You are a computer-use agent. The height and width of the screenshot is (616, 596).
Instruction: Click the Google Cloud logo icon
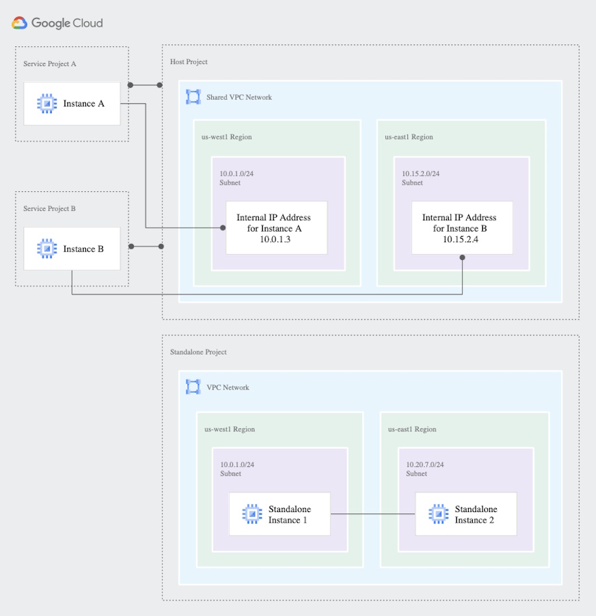[19, 23]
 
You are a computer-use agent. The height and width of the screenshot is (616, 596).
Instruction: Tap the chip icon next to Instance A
[47, 104]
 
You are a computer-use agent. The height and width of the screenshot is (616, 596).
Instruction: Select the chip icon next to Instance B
[47, 249]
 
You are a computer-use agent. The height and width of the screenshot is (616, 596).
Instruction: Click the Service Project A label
[50, 64]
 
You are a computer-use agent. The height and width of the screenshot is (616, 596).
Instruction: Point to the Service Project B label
[49, 208]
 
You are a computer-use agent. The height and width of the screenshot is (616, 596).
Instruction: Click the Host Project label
[189, 62]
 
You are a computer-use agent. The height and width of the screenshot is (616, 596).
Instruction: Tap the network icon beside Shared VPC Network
[193, 97]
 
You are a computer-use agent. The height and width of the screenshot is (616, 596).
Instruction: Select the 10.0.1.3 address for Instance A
[275, 240]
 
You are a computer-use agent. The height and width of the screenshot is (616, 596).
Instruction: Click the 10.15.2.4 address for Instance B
[460, 240]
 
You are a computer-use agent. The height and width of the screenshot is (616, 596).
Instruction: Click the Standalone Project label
[198, 352]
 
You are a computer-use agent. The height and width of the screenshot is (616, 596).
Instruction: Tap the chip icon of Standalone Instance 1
[252, 514]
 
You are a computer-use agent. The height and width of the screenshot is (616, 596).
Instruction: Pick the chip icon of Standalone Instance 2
[438, 514]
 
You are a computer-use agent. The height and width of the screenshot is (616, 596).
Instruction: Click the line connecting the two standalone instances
[373, 514]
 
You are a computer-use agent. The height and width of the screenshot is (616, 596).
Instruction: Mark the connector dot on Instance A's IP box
[223, 228]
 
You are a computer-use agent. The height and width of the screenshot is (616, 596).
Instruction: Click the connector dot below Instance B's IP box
[462, 258]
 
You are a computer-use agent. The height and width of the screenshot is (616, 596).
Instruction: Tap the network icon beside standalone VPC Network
[193, 387]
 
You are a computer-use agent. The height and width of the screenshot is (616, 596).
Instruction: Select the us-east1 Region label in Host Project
[409, 137]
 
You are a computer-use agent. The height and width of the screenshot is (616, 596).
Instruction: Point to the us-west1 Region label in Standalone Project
[230, 429]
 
